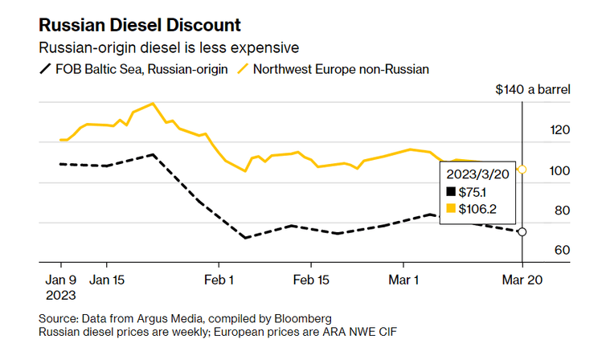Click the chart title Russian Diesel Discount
139,25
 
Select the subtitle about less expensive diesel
169,47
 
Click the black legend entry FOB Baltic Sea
133,69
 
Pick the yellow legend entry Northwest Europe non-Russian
334,69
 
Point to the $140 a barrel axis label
533,90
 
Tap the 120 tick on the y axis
560,129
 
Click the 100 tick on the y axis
560,171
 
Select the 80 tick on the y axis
562,211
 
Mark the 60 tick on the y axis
562,250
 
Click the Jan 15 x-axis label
107,280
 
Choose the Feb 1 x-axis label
219,280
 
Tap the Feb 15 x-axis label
311,280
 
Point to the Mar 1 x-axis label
403,280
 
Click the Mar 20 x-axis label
522,280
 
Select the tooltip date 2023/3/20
477,174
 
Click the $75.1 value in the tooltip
473,192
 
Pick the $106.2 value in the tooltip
477,209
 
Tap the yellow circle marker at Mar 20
522,170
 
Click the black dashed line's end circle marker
522,232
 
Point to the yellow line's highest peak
153,104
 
